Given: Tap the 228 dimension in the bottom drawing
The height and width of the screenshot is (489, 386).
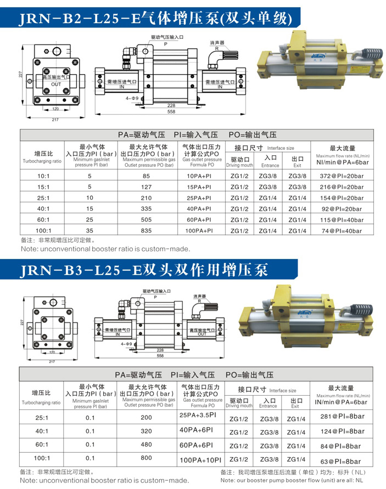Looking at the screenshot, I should coord(160,349).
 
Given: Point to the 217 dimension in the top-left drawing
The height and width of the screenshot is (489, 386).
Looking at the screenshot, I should coord(55,119).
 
